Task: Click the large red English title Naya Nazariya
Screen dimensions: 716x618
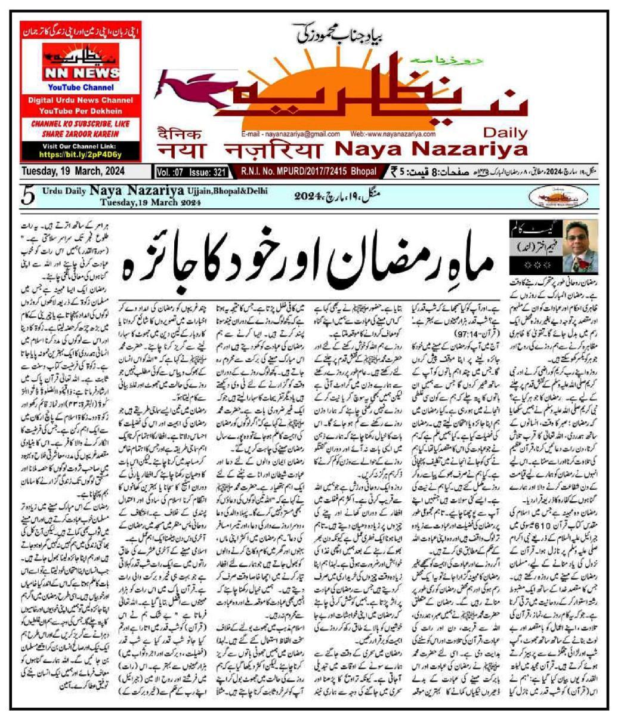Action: pyautogui.click(x=424, y=149)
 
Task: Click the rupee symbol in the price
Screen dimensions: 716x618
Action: pyautogui.click(x=394, y=172)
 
